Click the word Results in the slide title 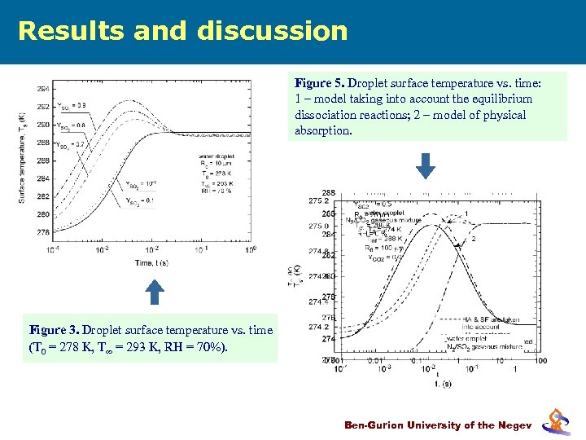coord(61,31)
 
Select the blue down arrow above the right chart coord(425,165)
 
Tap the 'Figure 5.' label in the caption coord(319,84)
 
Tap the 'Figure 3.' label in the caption coord(54,330)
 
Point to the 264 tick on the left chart coord(42,89)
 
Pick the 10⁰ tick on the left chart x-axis coord(251,250)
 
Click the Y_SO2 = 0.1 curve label coord(139,200)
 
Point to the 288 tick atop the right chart coord(328,192)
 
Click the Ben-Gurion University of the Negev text coord(438,425)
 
